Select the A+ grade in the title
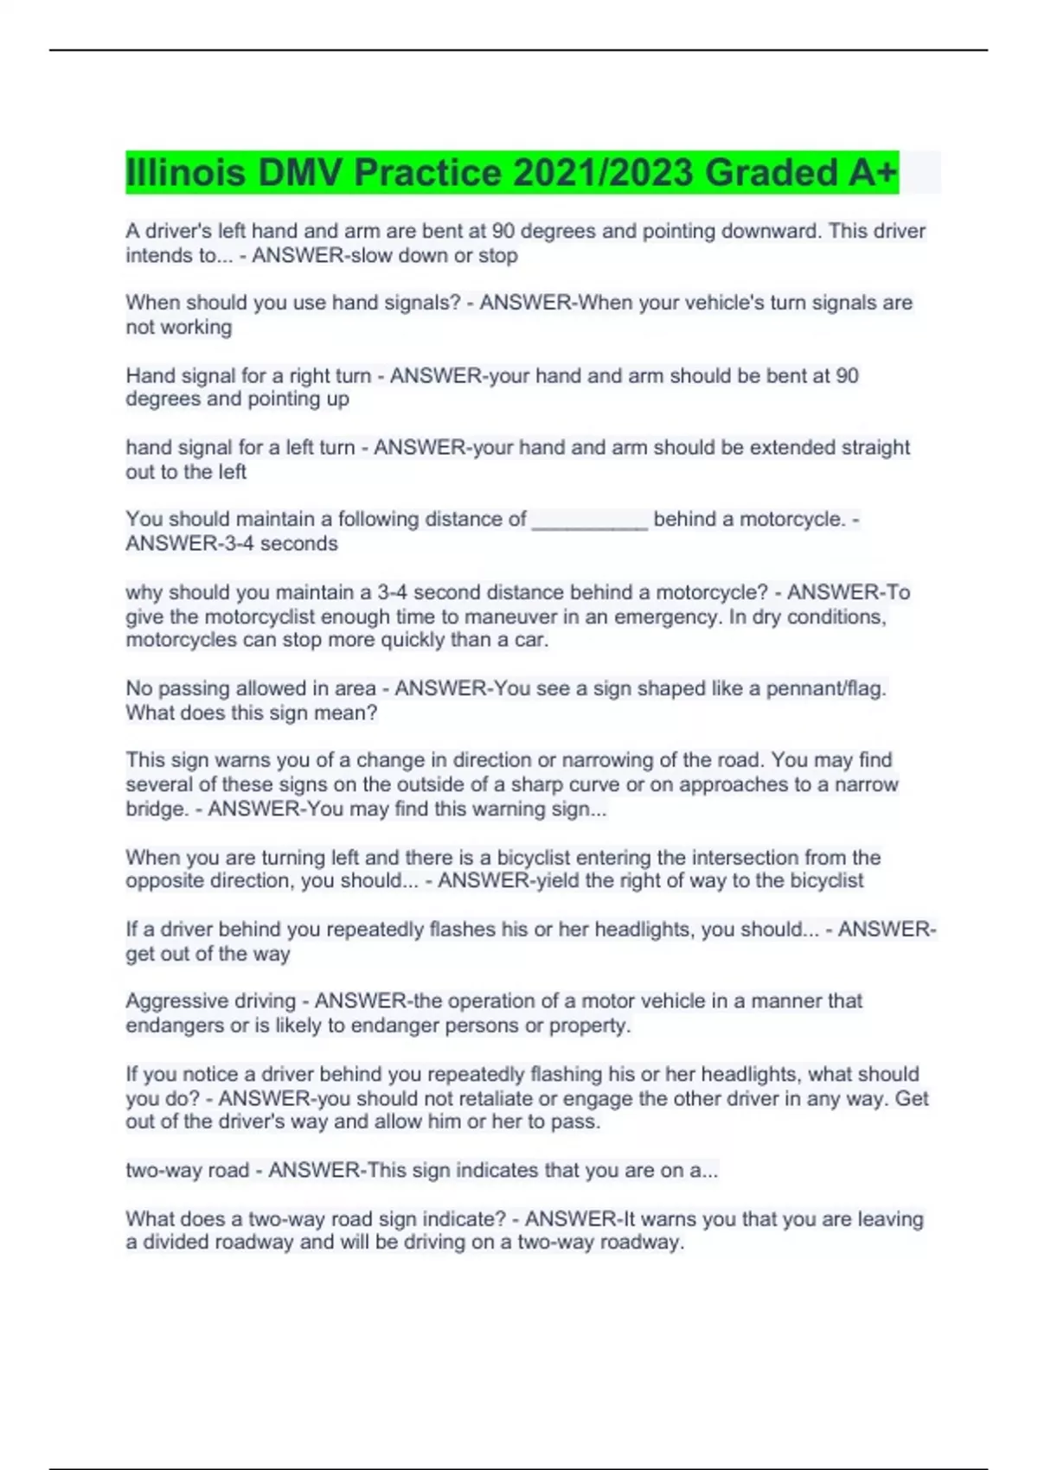point(873,173)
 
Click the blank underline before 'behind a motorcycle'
point(589,521)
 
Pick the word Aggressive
point(168,1001)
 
